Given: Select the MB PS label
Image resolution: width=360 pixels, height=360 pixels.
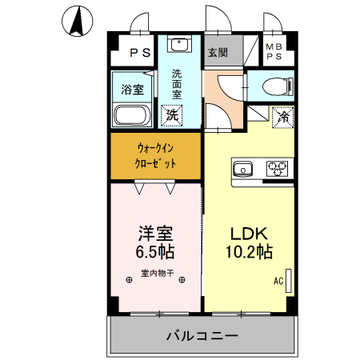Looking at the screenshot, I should coord(274,52).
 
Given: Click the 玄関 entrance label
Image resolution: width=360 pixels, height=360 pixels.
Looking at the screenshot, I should coord(218,54).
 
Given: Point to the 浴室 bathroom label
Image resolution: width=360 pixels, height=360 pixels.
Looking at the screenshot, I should coord(131,88).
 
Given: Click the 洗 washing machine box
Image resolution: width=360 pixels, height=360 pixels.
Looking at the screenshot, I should coord(172,114).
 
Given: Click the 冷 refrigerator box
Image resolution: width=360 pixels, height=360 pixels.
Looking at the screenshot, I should coord(282,117).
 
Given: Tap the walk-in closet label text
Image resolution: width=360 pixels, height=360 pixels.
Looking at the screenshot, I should coord(155,156).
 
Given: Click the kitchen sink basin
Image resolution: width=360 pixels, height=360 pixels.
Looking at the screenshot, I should coord(242,168).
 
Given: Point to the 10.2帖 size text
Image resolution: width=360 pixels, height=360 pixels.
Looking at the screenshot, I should coord(250,251).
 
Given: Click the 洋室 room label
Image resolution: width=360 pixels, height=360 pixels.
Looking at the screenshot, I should coord(155,234).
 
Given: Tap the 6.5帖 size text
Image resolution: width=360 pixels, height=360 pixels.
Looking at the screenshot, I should coord(155,251).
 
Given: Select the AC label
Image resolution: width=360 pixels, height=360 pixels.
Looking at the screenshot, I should coord(278,281).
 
